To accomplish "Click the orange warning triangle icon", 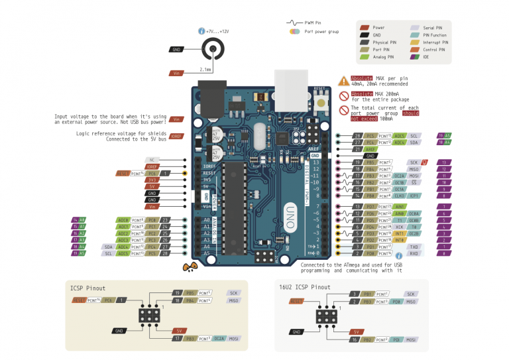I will tap(343, 81).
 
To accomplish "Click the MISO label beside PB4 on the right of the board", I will tap(414, 169).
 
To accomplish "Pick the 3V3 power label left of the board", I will tap(152, 180).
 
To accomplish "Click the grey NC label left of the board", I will tap(152, 160).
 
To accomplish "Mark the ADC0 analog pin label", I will tap(123, 219).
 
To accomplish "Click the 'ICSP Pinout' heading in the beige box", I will tap(87, 288).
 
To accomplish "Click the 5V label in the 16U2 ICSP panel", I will tap(356, 331).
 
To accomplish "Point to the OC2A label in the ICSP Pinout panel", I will tap(219, 339).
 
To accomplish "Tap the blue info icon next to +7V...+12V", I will tap(202, 31).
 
